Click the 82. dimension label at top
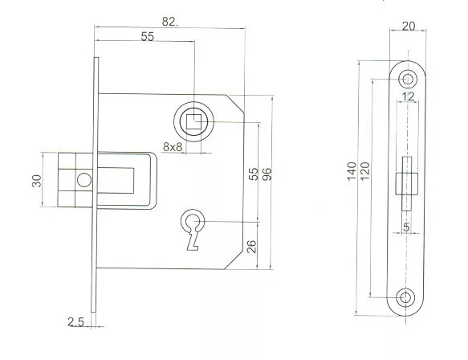(x=170, y=22)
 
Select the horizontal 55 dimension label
(x=148, y=36)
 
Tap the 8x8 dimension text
(x=173, y=147)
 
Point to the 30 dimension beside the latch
(x=37, y=181)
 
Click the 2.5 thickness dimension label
(x=75, y=321)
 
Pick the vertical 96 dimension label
(x=267, y=174)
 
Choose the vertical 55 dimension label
(x=254, y=174)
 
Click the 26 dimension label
(x=252, y=247)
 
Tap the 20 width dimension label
(x=409, y=27)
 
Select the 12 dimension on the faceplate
(x=408, y=96)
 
